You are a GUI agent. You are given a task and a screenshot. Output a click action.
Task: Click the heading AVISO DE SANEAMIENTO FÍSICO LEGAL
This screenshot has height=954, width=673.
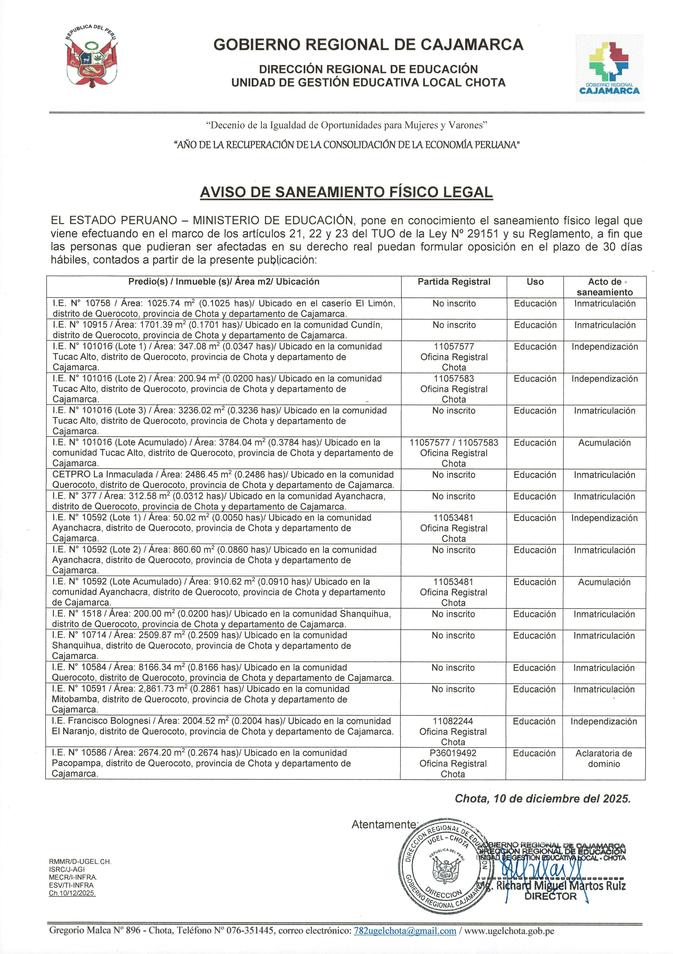(x=346, y=192)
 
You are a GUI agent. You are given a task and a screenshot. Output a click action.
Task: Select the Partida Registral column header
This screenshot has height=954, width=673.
(x=454, y=282)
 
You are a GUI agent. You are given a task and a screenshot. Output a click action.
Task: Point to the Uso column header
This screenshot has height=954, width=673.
(x=535, y=282)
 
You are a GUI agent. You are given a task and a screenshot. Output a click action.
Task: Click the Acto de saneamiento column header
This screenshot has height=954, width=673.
(x=604, y=287)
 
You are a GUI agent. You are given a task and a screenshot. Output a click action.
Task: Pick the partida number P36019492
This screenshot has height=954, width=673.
(x=453, y=753)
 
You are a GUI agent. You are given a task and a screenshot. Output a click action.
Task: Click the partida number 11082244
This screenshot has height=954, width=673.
(x=453, y=721)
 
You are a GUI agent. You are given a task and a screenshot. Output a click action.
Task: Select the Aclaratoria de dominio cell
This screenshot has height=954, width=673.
(x=604, y=758)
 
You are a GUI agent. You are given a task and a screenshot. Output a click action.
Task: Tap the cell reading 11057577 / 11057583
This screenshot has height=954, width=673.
(x=454, y=443)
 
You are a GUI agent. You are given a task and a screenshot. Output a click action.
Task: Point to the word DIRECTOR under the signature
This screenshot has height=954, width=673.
(x=550, y=896)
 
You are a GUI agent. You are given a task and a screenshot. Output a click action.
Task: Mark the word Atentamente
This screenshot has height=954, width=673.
(x=384, y=824)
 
